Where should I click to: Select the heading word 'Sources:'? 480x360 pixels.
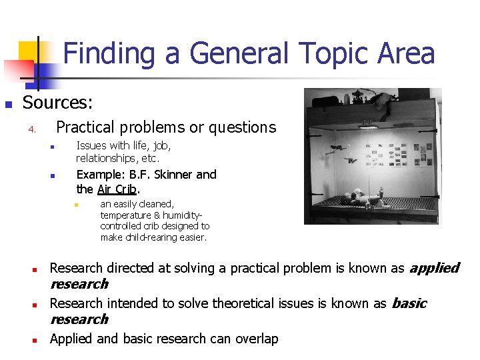point(58,103)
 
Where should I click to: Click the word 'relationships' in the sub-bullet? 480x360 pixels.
point(104,159)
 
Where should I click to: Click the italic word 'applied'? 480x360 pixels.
point(433,268)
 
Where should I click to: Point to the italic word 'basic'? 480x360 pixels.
point(409,303)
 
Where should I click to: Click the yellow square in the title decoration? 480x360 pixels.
point(28,51)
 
